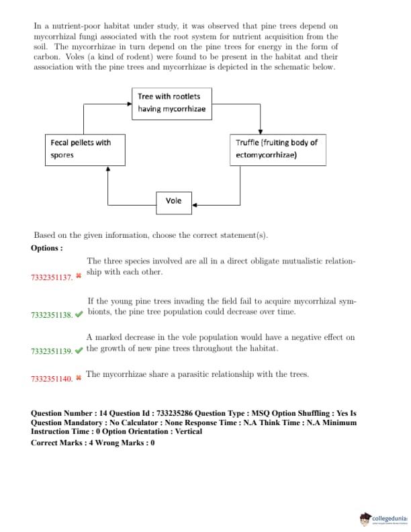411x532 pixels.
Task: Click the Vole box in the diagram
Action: pos(173,201)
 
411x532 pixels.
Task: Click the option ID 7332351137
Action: pos(51,277)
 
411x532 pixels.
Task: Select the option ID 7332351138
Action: pos(51,315)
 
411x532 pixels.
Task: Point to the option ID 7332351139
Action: pos(51,351)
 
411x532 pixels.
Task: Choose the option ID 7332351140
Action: pos(51,379)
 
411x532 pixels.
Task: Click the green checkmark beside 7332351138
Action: pos(79,314)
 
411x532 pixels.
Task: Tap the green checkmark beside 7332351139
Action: pos(79,350)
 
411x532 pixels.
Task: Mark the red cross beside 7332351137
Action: pos(79,276)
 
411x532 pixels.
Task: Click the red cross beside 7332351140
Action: pos(79,378)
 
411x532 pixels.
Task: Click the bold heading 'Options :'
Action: pos(47,248)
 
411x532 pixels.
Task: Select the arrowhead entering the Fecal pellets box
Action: pos(108,169)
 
